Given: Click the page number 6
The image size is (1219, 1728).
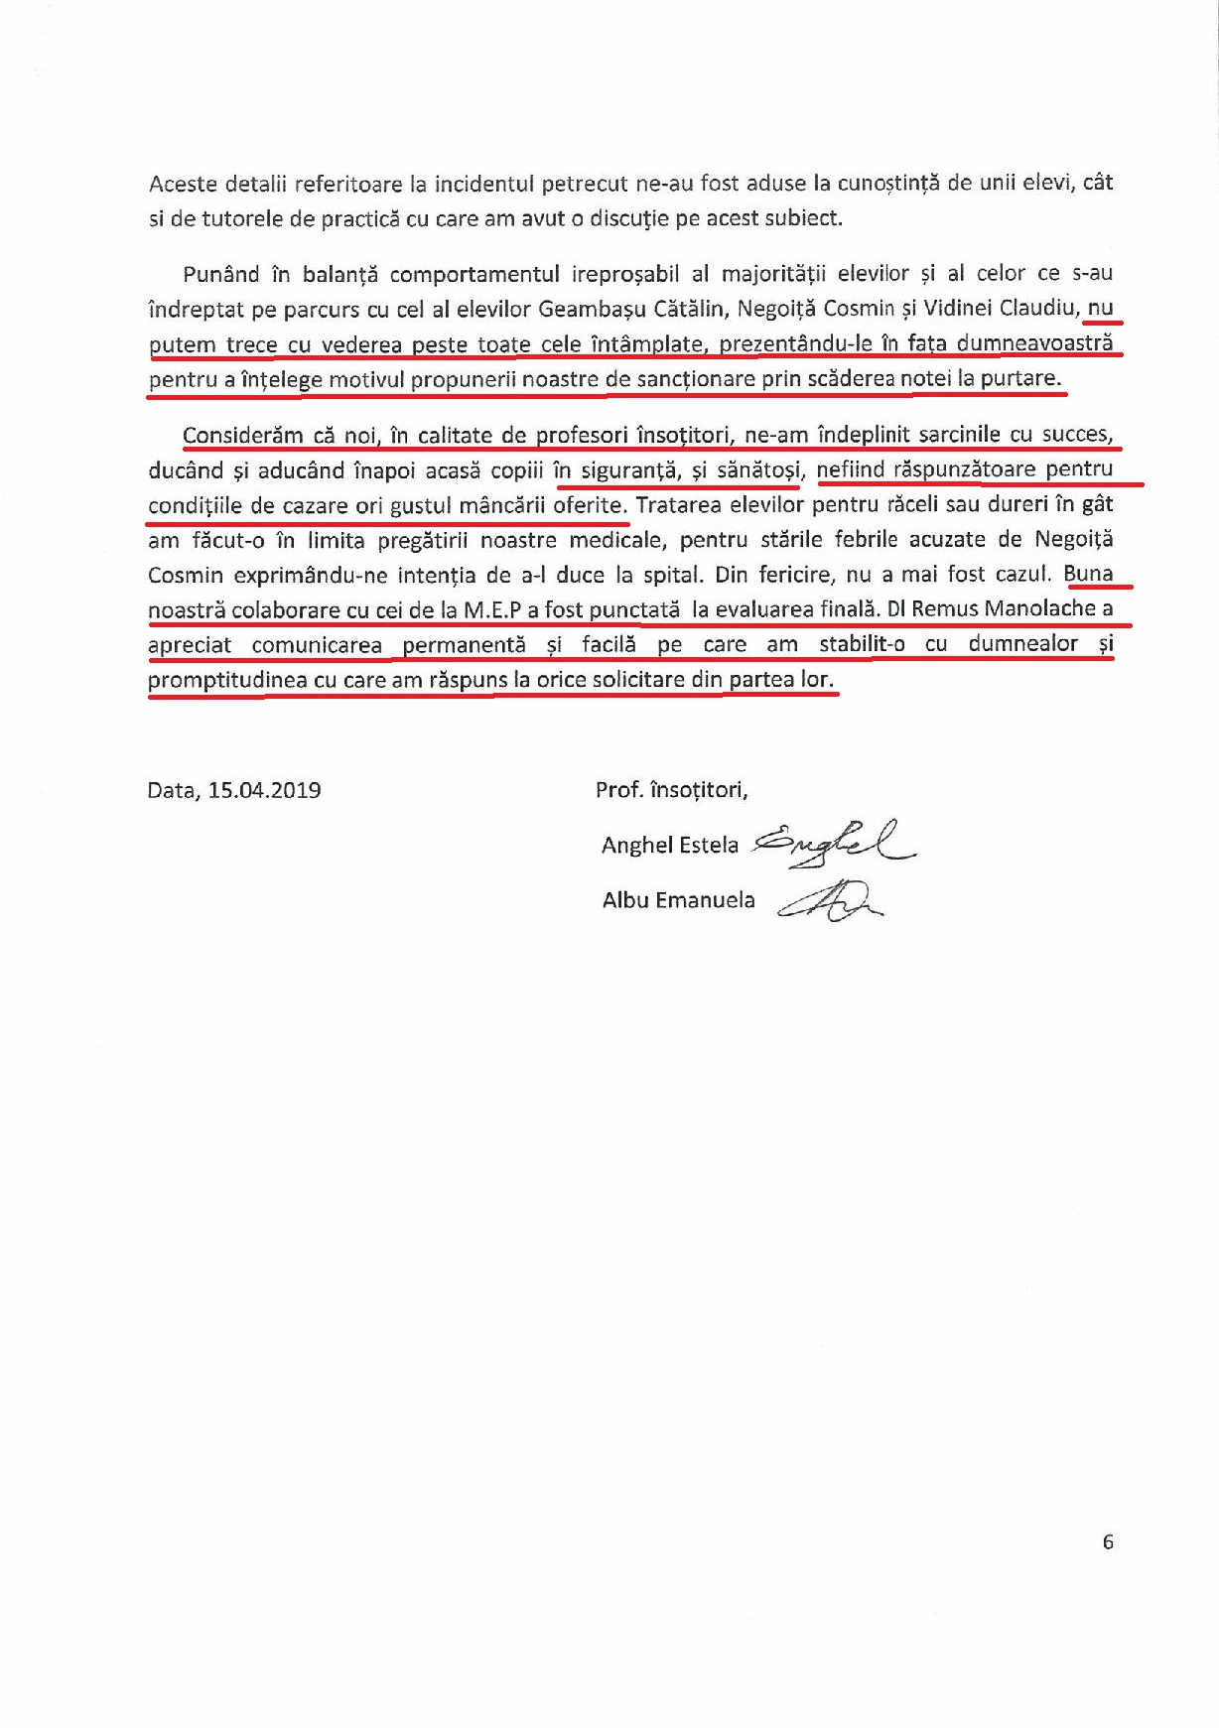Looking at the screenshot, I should point(1108,1541).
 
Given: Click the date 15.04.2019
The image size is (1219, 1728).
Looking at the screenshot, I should point(264,791).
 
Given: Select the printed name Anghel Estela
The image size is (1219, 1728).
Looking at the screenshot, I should point(670,845).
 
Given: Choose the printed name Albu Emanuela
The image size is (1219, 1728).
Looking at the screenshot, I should point(678,900).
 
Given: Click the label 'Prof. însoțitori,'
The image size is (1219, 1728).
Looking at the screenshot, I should point(671,790).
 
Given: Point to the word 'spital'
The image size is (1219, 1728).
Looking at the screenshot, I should point(661,575).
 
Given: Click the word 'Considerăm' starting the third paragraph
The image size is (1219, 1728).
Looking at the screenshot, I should point(237,435).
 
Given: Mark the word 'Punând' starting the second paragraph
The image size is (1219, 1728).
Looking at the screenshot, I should point(221,274).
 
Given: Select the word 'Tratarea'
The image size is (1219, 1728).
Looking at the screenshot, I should point(678,504).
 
